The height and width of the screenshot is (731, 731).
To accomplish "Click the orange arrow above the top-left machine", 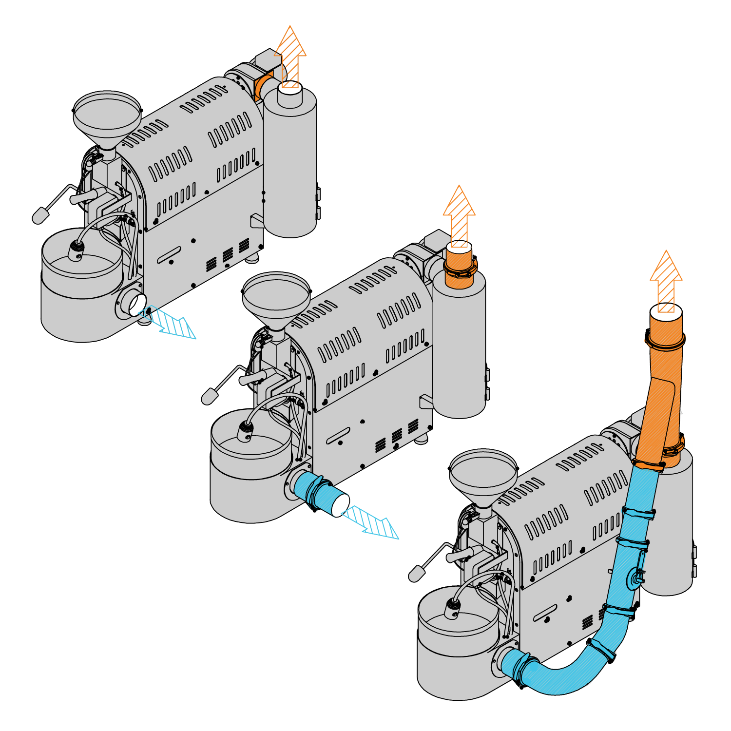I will coord(290,56).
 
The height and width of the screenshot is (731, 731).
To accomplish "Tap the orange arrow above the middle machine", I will coord(459,214).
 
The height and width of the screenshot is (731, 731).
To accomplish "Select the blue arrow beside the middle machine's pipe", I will coord(373,522).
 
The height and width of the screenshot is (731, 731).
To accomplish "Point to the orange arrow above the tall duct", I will coord(666,280).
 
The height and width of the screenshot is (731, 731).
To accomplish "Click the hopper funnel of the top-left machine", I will coord(107,117).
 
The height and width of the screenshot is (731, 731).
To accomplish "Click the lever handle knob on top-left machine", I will coord(40,215).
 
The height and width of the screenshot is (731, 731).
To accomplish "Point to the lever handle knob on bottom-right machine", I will coord(416,574).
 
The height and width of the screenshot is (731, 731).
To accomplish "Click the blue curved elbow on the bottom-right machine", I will coord(560,680).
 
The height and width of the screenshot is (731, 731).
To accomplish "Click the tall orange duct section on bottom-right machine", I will coord(660,400).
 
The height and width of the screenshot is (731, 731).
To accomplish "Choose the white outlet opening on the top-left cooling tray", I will coord(136,305).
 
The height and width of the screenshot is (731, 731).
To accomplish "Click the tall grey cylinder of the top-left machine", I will coord(290,166).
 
